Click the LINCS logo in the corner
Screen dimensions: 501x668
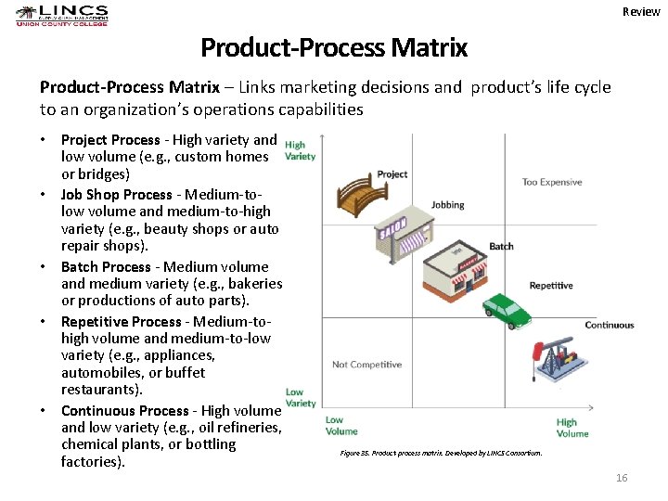click(x=62, y=16)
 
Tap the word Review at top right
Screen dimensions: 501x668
click(x=641, y=12)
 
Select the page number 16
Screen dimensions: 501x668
click(x=622, y=477)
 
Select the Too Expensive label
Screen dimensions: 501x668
click(x=552, y=182)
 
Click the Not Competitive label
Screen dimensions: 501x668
click(x=366, y=365)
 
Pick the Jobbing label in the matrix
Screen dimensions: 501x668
click(x=448, y=205)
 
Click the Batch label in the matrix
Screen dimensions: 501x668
click(x=501, y=246)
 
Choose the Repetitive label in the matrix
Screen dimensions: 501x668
click(x=551, y=286)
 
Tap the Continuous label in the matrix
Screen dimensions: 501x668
click(x=610, y=325)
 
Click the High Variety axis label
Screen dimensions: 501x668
click(x=300, y=150)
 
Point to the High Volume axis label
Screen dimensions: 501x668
click(x=572, y=428)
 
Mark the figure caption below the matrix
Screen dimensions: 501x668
click(x=441, y=453)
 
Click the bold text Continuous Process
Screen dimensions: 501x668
click(x=122, y=410)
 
